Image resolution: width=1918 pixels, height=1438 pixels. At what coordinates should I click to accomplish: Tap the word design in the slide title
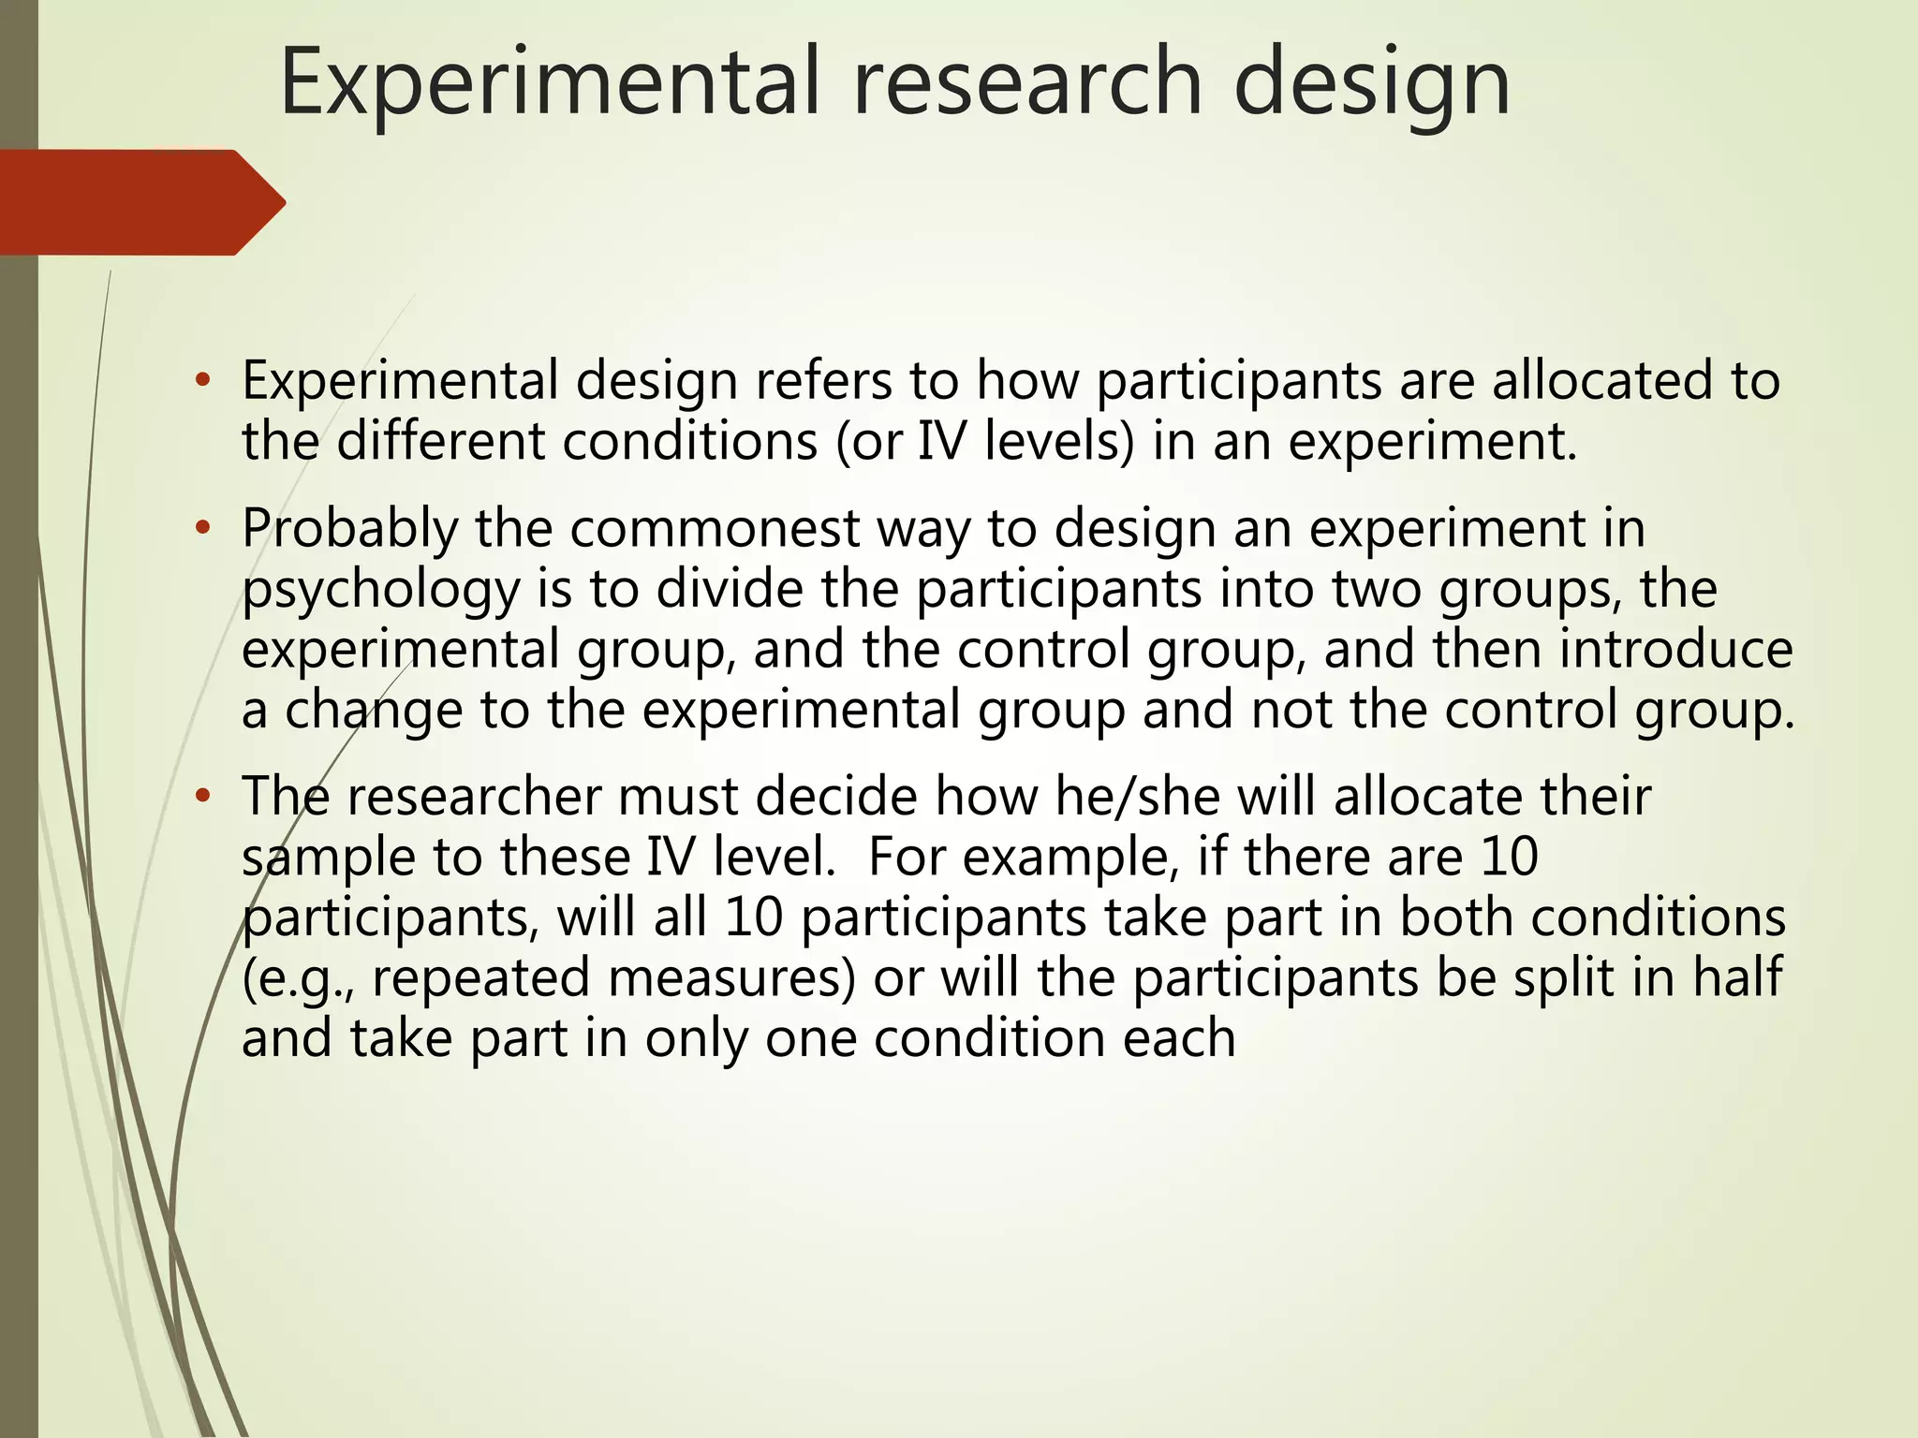(1371, 86)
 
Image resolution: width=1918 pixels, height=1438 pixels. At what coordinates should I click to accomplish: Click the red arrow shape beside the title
(140, 202)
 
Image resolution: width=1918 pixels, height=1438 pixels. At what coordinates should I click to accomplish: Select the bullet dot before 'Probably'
(202, 529)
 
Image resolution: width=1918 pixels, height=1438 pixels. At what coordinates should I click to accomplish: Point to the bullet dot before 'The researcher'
(202, 797)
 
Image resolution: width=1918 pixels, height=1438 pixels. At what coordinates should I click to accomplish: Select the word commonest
(715, 529)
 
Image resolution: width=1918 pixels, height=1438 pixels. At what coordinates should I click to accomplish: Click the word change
(374, 712)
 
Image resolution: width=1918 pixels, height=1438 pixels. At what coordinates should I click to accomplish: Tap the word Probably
(349, 531)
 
